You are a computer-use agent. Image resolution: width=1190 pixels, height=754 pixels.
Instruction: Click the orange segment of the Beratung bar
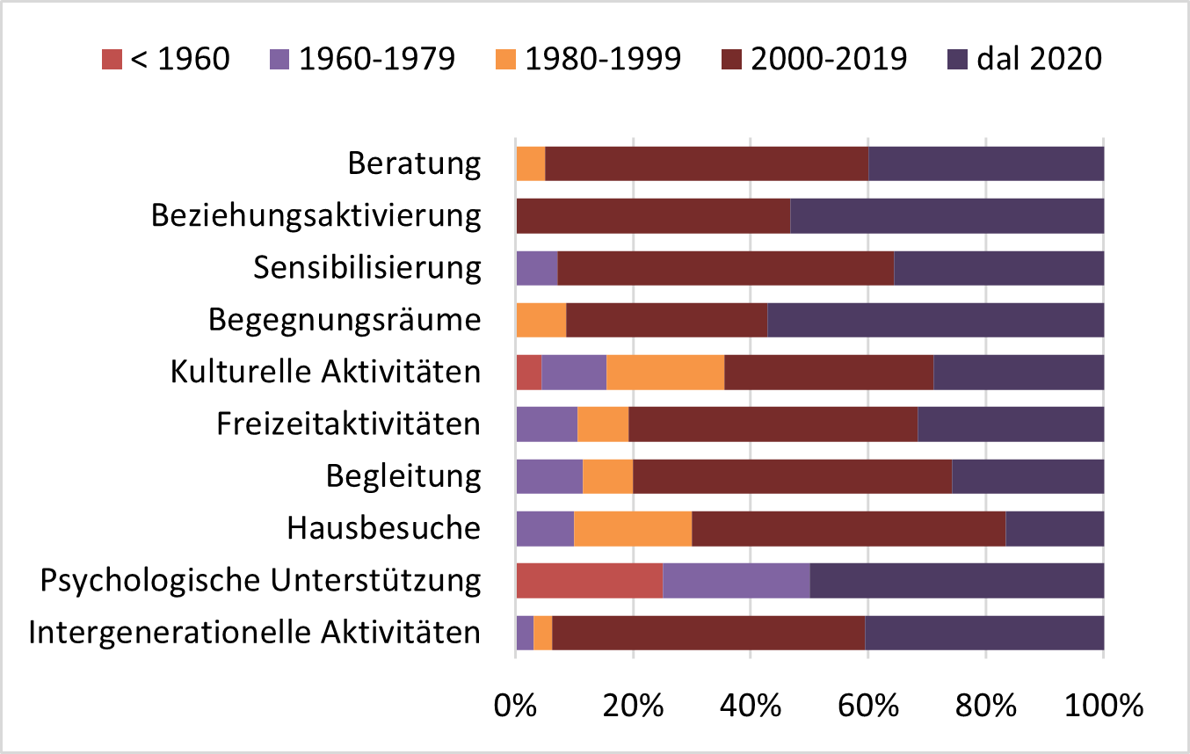531,163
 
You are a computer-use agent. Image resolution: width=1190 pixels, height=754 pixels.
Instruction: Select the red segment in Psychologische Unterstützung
589,581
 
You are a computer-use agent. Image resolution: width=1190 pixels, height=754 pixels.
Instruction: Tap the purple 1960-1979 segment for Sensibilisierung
537,268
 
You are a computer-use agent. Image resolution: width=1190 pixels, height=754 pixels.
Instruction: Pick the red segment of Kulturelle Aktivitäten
528,373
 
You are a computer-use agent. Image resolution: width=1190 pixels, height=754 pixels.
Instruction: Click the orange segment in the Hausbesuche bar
633,529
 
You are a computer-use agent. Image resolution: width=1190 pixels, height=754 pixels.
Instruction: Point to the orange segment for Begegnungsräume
541,320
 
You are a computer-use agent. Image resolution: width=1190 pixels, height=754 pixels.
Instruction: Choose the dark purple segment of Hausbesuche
1055,529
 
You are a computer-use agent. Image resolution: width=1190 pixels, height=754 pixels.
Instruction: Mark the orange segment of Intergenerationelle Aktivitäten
543,634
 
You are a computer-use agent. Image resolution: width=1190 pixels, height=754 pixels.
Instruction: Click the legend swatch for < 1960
111,59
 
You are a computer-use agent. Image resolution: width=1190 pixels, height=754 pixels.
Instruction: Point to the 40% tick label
751,705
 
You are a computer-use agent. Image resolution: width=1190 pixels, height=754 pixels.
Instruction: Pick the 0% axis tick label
516,705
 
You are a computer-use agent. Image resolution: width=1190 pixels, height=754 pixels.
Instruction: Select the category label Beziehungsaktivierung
316,216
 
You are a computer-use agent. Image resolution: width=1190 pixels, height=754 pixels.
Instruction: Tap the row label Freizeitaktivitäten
349,425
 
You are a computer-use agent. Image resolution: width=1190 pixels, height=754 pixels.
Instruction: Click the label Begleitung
403,477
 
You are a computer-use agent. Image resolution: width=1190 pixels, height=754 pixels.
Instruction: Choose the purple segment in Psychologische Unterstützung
736,581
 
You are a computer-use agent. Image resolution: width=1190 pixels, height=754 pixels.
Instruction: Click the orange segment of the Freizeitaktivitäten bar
603,424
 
